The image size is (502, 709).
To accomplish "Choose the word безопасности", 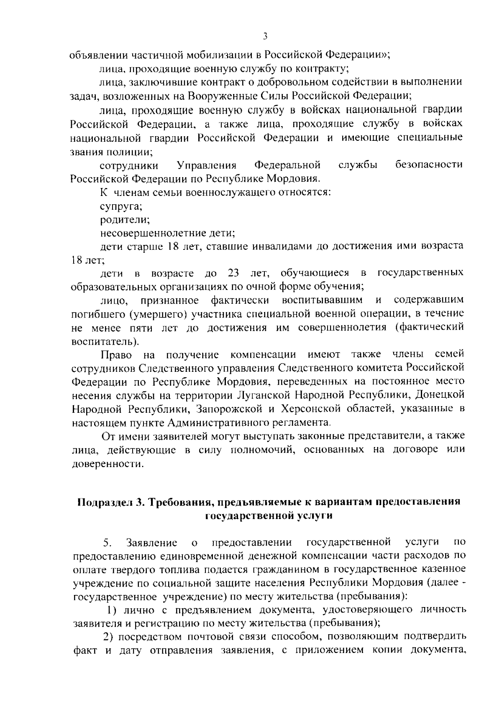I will [x=429, y=165].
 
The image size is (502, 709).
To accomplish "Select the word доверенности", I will [x=108, y=464].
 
